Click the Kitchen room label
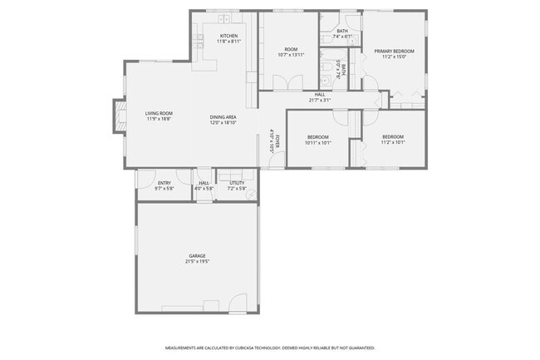(x=228, y=36)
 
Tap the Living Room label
(x=159, y=113)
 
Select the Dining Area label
(x=223, y=117)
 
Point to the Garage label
(x=197, y=256)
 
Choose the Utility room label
(x=237, y=183)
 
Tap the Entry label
(x=163, y=183)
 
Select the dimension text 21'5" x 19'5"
(x=197, y=262)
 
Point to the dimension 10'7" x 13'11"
(x=291, y=55)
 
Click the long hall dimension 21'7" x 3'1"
(x=320, y=101)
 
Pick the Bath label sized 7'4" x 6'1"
(x=342, y=32)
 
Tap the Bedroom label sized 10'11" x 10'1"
(x=318, y=137)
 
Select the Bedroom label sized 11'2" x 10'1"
(x=393, y=137)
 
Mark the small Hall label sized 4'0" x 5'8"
(x=204, y=183)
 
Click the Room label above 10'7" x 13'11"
(x=291, y=49)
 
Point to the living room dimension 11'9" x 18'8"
(x=159, y=119)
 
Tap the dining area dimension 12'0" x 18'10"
(x=223, y=123)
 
